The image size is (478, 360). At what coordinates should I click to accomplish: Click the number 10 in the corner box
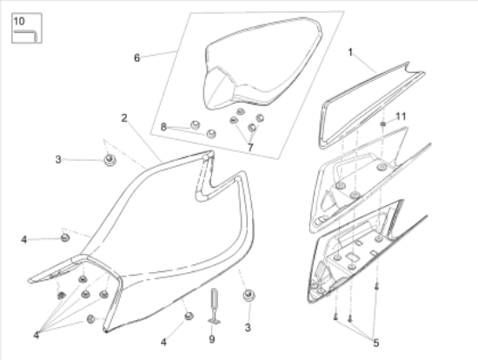pyautogui.click(x=19, y=22)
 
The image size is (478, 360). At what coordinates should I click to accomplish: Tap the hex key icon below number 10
pyautogui.click(x=26, y=34)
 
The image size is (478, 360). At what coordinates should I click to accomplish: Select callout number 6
pyautogui.click(x=136, y=57)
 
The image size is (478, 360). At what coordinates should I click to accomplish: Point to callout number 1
pyautogui.click(x=350, y=52)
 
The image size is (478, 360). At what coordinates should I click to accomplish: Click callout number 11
pyautogui.click(x=401, y=117)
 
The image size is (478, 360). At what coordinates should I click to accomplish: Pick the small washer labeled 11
pyautogui.click(x=383, y=123)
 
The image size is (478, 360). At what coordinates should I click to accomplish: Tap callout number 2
pyautogui.click(x=123, y=118)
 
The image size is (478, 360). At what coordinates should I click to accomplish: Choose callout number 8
pyautogui.click(x=163, y=127)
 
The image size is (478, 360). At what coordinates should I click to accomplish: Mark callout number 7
pyautogui.click(x=250, y=147)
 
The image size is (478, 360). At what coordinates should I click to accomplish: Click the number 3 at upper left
pyautogui.click(x=58, y=159)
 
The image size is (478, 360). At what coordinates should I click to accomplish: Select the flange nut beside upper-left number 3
pyautogui.click(x=110, y=160)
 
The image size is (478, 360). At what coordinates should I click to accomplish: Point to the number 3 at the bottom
pyautogui.click(x=248, y=328)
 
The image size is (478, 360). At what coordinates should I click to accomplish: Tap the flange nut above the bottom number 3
pyautogui.click(x=249, y=296)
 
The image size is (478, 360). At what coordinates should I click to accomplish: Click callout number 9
pyautogui.click(x=212, y=339)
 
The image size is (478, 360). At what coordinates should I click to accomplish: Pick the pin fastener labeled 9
pyautogui.click(x=214, y=306)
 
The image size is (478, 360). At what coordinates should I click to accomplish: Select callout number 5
pyautogui.click(x=376, y=343)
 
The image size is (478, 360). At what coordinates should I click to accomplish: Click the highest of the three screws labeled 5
pyautogui.click(x=376, y=286)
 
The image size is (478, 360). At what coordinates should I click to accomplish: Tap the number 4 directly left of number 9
pyautogui.click(x=163, y=343)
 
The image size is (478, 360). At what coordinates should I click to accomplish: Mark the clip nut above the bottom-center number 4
pyautogui.click(x=189, y=316)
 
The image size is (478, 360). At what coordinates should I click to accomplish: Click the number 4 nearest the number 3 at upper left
pyautogui.click(x=24, y=240)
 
